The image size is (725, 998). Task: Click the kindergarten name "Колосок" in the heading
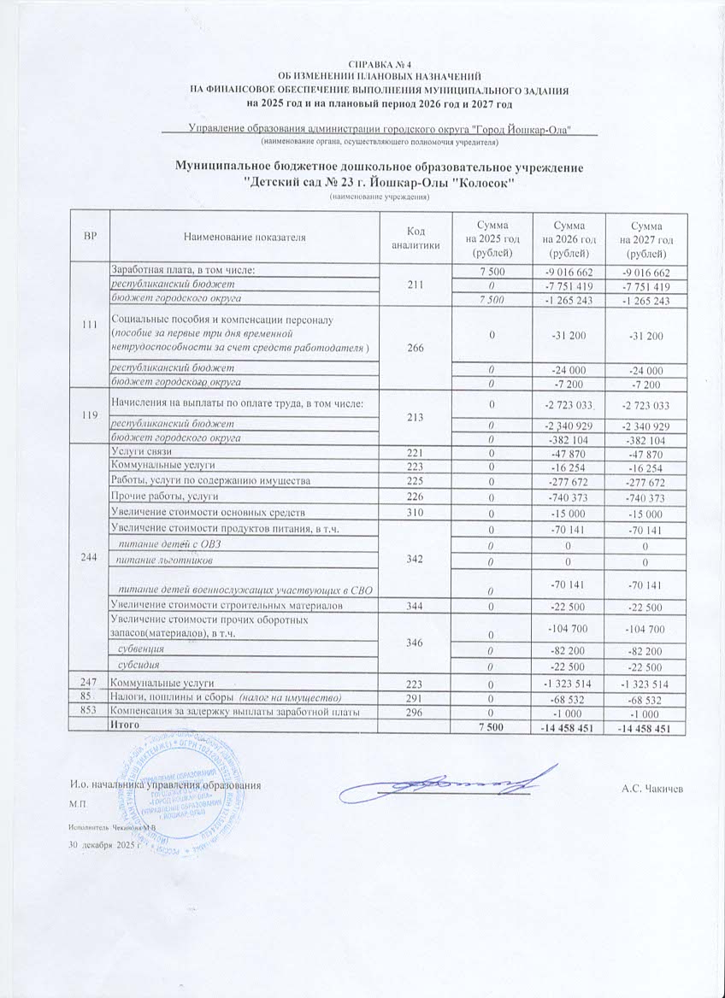(481, 183)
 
